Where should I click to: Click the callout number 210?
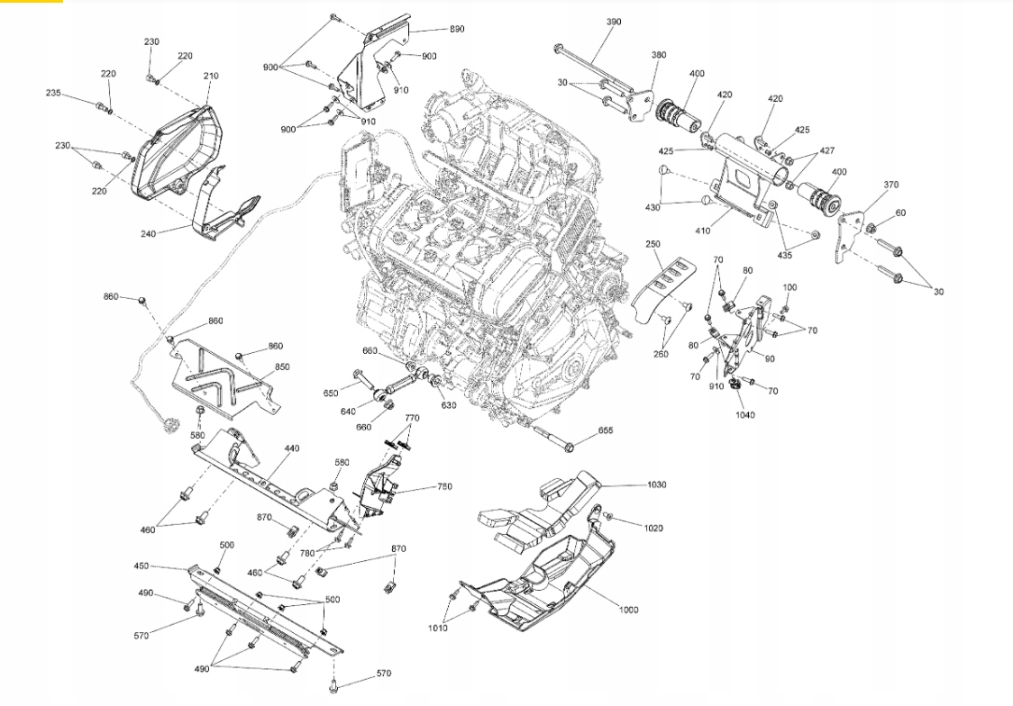(211, 76)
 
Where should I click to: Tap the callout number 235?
(53, 93)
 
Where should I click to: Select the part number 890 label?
(457, 29)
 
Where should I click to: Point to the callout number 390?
(614, 22)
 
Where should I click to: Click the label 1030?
(656, 484)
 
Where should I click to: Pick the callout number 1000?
(628, 610)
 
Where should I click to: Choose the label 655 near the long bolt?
(606, 430)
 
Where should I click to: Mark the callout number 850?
(282, 367)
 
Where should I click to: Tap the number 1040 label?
(745, 415)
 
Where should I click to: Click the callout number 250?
(653, 244)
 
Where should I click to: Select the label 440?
(292, 448)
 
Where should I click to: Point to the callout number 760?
(444, 486)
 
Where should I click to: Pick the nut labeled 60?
(871, 227)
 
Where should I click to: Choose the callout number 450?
(141, 566)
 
